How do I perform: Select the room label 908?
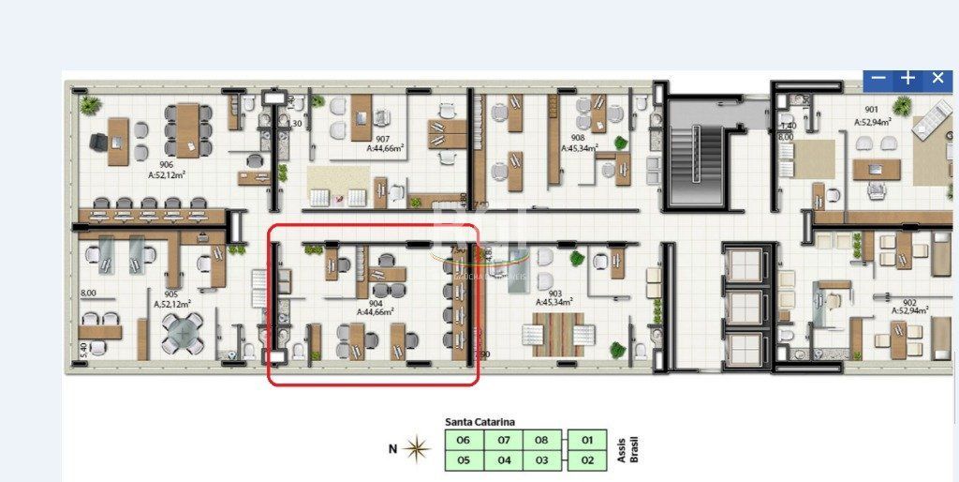578,137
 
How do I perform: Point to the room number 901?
871,109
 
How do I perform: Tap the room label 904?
375,304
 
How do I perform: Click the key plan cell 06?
463,440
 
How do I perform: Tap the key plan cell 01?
587,440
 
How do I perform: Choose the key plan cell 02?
587,460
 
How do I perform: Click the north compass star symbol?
418,450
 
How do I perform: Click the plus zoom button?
907,79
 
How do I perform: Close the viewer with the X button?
937,79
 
